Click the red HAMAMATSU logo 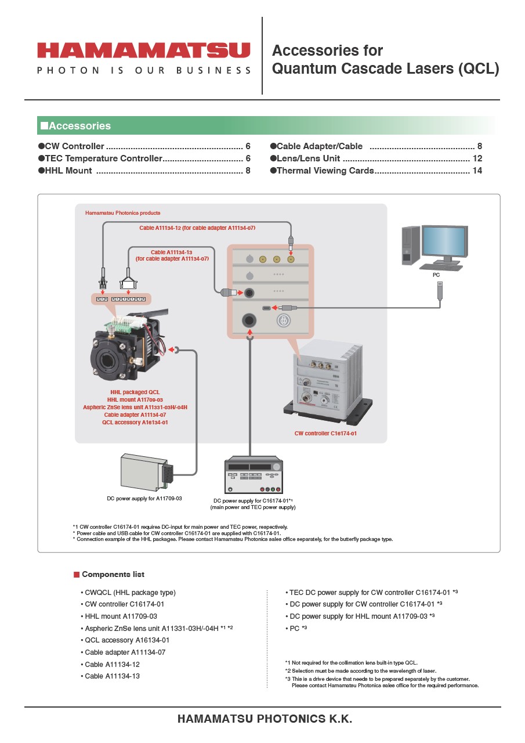143,51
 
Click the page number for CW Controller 248,146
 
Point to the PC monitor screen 444,241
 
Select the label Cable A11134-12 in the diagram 197,228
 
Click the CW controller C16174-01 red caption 325,434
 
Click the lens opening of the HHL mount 108,360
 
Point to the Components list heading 113,575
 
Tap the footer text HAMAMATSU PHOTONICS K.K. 265,719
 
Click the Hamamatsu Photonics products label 123,213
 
